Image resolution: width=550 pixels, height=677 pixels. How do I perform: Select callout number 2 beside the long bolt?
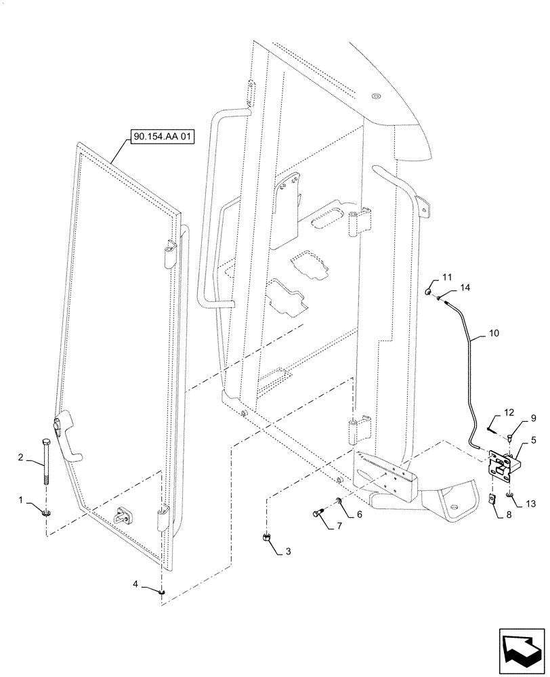click(21, 458)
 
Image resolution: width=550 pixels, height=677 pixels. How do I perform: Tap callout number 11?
click(446, 278)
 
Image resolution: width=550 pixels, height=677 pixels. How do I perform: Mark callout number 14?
click(465, 288)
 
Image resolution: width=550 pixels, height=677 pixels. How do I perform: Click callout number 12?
click(509, 412)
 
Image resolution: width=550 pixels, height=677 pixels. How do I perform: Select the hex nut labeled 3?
click(266, 538)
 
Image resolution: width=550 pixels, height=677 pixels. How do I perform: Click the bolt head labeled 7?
click(320, 515)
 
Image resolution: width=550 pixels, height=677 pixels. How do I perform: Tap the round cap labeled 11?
click(429, 292)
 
